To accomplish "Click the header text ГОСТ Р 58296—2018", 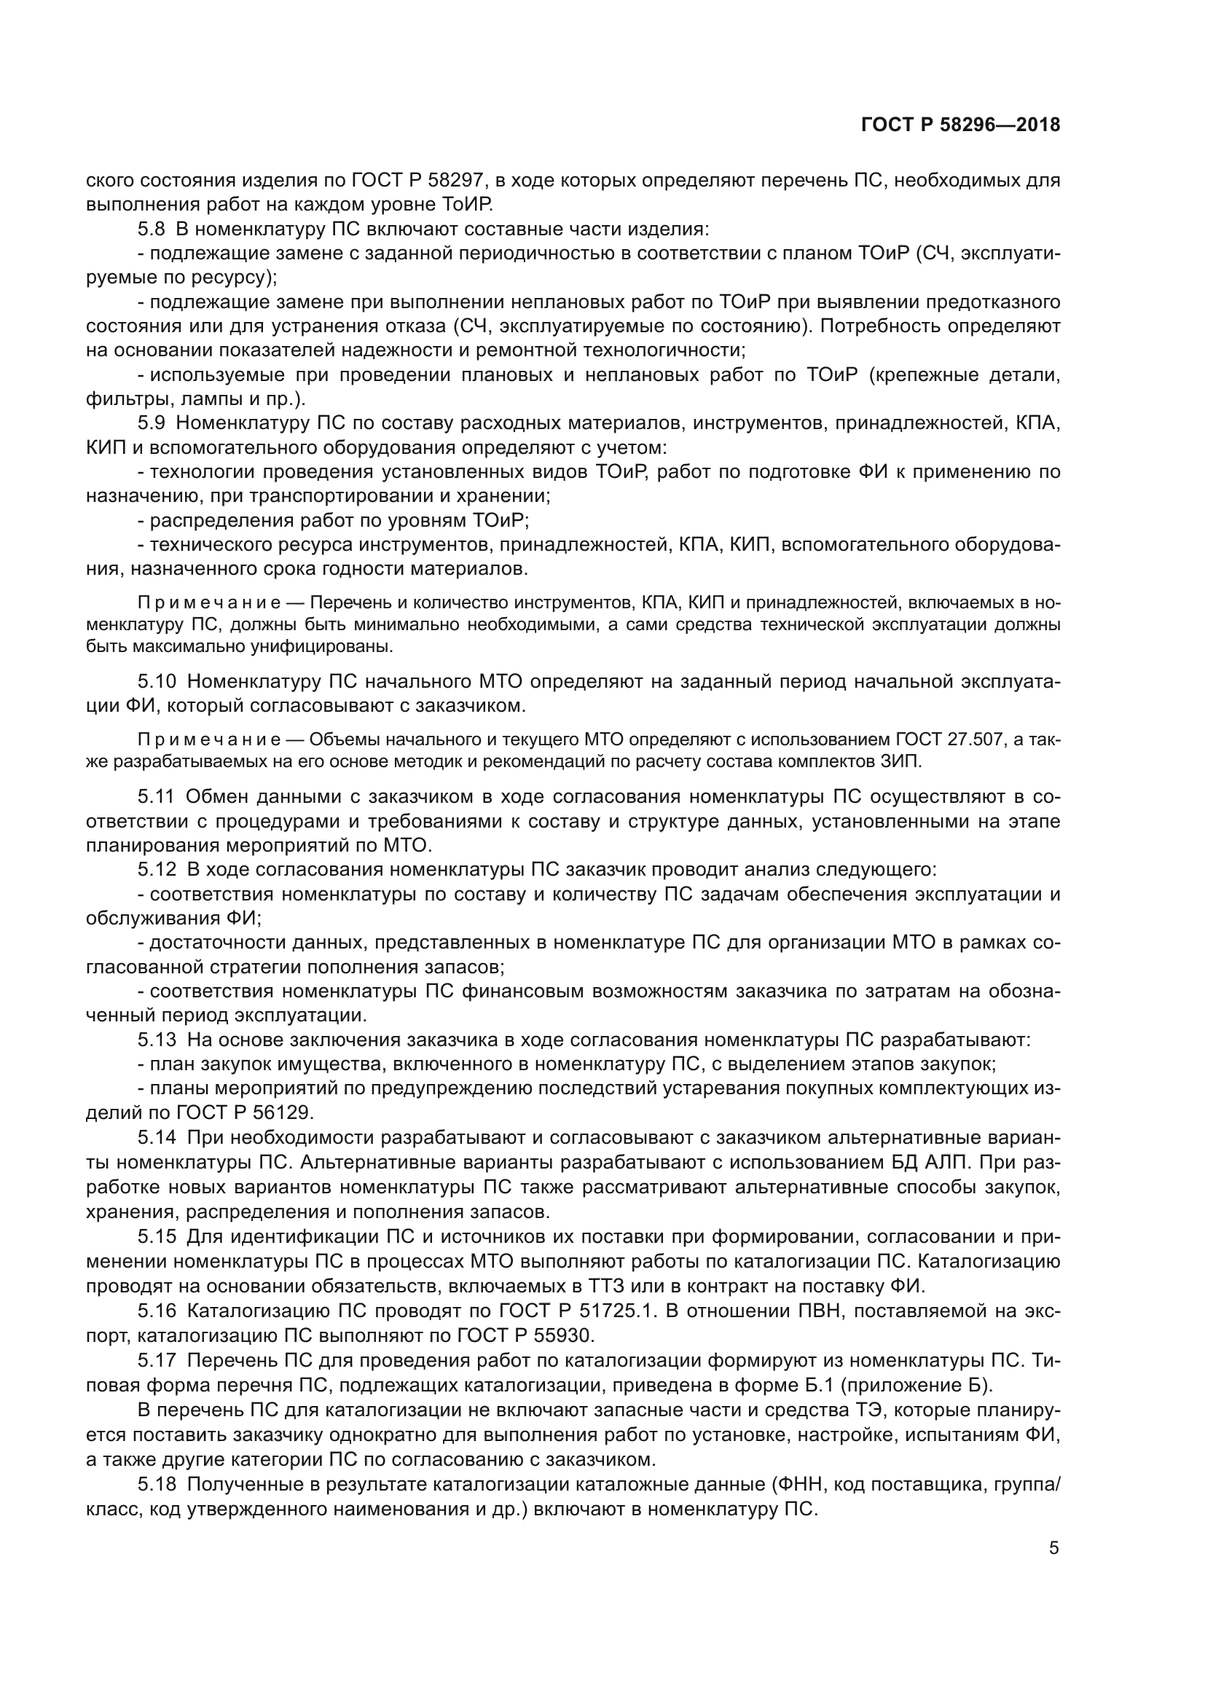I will pyautogui.click(x=960, y=125).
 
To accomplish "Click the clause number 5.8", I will pyautogui.click(x=152, y=229).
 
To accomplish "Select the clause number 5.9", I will pyautogui.click(x=152, y=423).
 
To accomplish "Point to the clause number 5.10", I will pyautogui.click(x=157, y=681).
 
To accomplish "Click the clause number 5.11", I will pyautogui.click(x=156, y=796).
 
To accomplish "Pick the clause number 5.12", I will pyautogui.click(x=157, y=869).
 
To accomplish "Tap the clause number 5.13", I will pyautogui.click(x=157, y=1040).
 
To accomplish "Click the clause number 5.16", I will pyautogui.click(x=157, y=1311).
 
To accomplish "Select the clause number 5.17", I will pyautogui.click(x=157, y=1360).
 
